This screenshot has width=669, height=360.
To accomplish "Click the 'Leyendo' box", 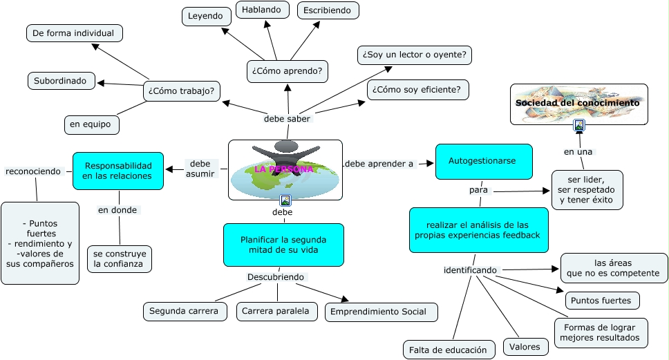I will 207,16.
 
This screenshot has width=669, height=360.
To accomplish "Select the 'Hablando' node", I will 261,10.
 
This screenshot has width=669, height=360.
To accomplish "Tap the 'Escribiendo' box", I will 328,10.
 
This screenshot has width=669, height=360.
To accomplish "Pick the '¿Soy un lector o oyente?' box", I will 414,55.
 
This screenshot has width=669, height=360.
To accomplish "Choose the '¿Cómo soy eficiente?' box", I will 418,90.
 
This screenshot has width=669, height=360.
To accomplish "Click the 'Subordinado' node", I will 61,81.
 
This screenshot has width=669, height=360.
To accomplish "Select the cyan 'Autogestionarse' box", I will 483,161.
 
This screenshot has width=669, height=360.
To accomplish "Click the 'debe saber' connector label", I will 288,119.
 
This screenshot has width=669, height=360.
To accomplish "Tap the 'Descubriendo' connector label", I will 276,277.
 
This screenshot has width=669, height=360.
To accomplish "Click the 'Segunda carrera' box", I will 185,312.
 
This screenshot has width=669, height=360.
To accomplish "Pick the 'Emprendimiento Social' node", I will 381,312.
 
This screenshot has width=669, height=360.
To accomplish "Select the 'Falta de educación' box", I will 449,350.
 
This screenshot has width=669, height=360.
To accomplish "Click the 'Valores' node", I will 525,347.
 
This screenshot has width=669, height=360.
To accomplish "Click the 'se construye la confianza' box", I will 119,258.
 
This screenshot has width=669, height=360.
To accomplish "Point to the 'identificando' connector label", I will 470,269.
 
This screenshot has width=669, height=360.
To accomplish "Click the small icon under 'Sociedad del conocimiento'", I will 579,125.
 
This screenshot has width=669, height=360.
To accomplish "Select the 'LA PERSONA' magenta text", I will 284,169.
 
